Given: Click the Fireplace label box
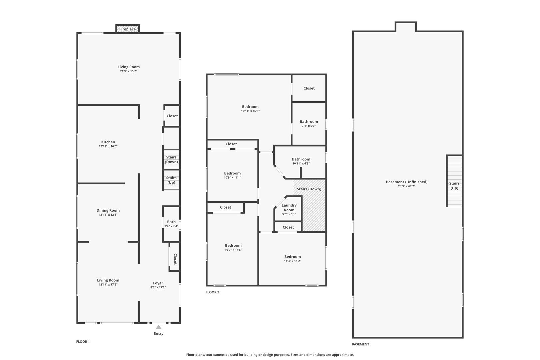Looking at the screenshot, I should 128,29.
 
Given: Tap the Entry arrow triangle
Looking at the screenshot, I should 159,327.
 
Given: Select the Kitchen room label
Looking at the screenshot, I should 108,142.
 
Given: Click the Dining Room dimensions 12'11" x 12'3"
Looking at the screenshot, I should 108,215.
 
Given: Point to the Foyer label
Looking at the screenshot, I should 158,283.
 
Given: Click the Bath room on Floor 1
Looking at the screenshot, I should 171,223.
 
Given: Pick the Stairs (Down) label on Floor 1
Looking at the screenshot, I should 171,159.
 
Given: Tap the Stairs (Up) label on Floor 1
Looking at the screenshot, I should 171,180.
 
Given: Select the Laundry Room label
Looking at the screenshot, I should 289,208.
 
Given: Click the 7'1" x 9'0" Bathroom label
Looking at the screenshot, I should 309,124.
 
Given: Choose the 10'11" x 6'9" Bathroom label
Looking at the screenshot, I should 301,161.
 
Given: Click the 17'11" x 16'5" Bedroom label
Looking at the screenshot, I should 250,109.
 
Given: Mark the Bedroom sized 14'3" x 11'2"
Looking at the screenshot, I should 292,259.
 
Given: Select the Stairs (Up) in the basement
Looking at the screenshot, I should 454,185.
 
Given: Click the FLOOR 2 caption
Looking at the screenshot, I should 212,292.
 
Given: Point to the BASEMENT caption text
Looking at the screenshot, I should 360,344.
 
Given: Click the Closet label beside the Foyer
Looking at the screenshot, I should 175,259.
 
